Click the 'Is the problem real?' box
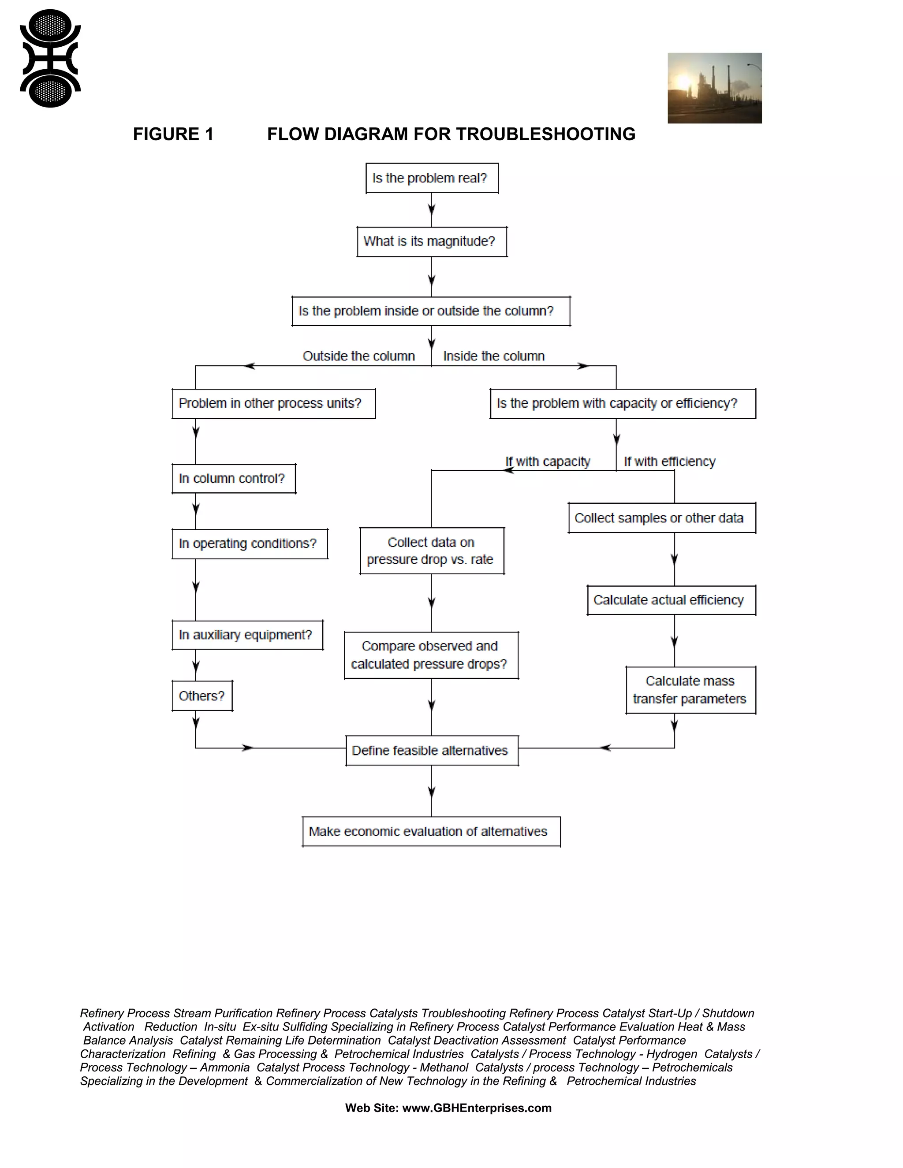click(x=432, y=178)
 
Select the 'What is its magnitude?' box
click(x=432, y=242)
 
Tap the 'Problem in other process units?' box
click(x=273, y=403)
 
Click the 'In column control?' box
click(x=233, y=479)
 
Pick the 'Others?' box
click(x=201, y=696)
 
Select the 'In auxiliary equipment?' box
click(x=247, y=635)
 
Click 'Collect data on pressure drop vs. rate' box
click(x=432, y=551)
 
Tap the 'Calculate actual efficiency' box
click(x=671, y=600)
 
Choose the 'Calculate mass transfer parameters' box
click(x=690, y=690)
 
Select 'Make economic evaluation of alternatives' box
click(x=431, y=832)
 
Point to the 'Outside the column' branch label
click(x=358, y=356)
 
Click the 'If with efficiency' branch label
click(x=669, y=461)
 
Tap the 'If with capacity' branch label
click(x=548, y=461)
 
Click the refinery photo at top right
click(x=714, y=88)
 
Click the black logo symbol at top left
click(x=50, y=59)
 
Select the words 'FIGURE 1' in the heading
click(x=173, y=134)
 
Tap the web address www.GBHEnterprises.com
click(x=477, y=1108)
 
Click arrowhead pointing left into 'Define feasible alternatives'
click(x=605, y=748)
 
